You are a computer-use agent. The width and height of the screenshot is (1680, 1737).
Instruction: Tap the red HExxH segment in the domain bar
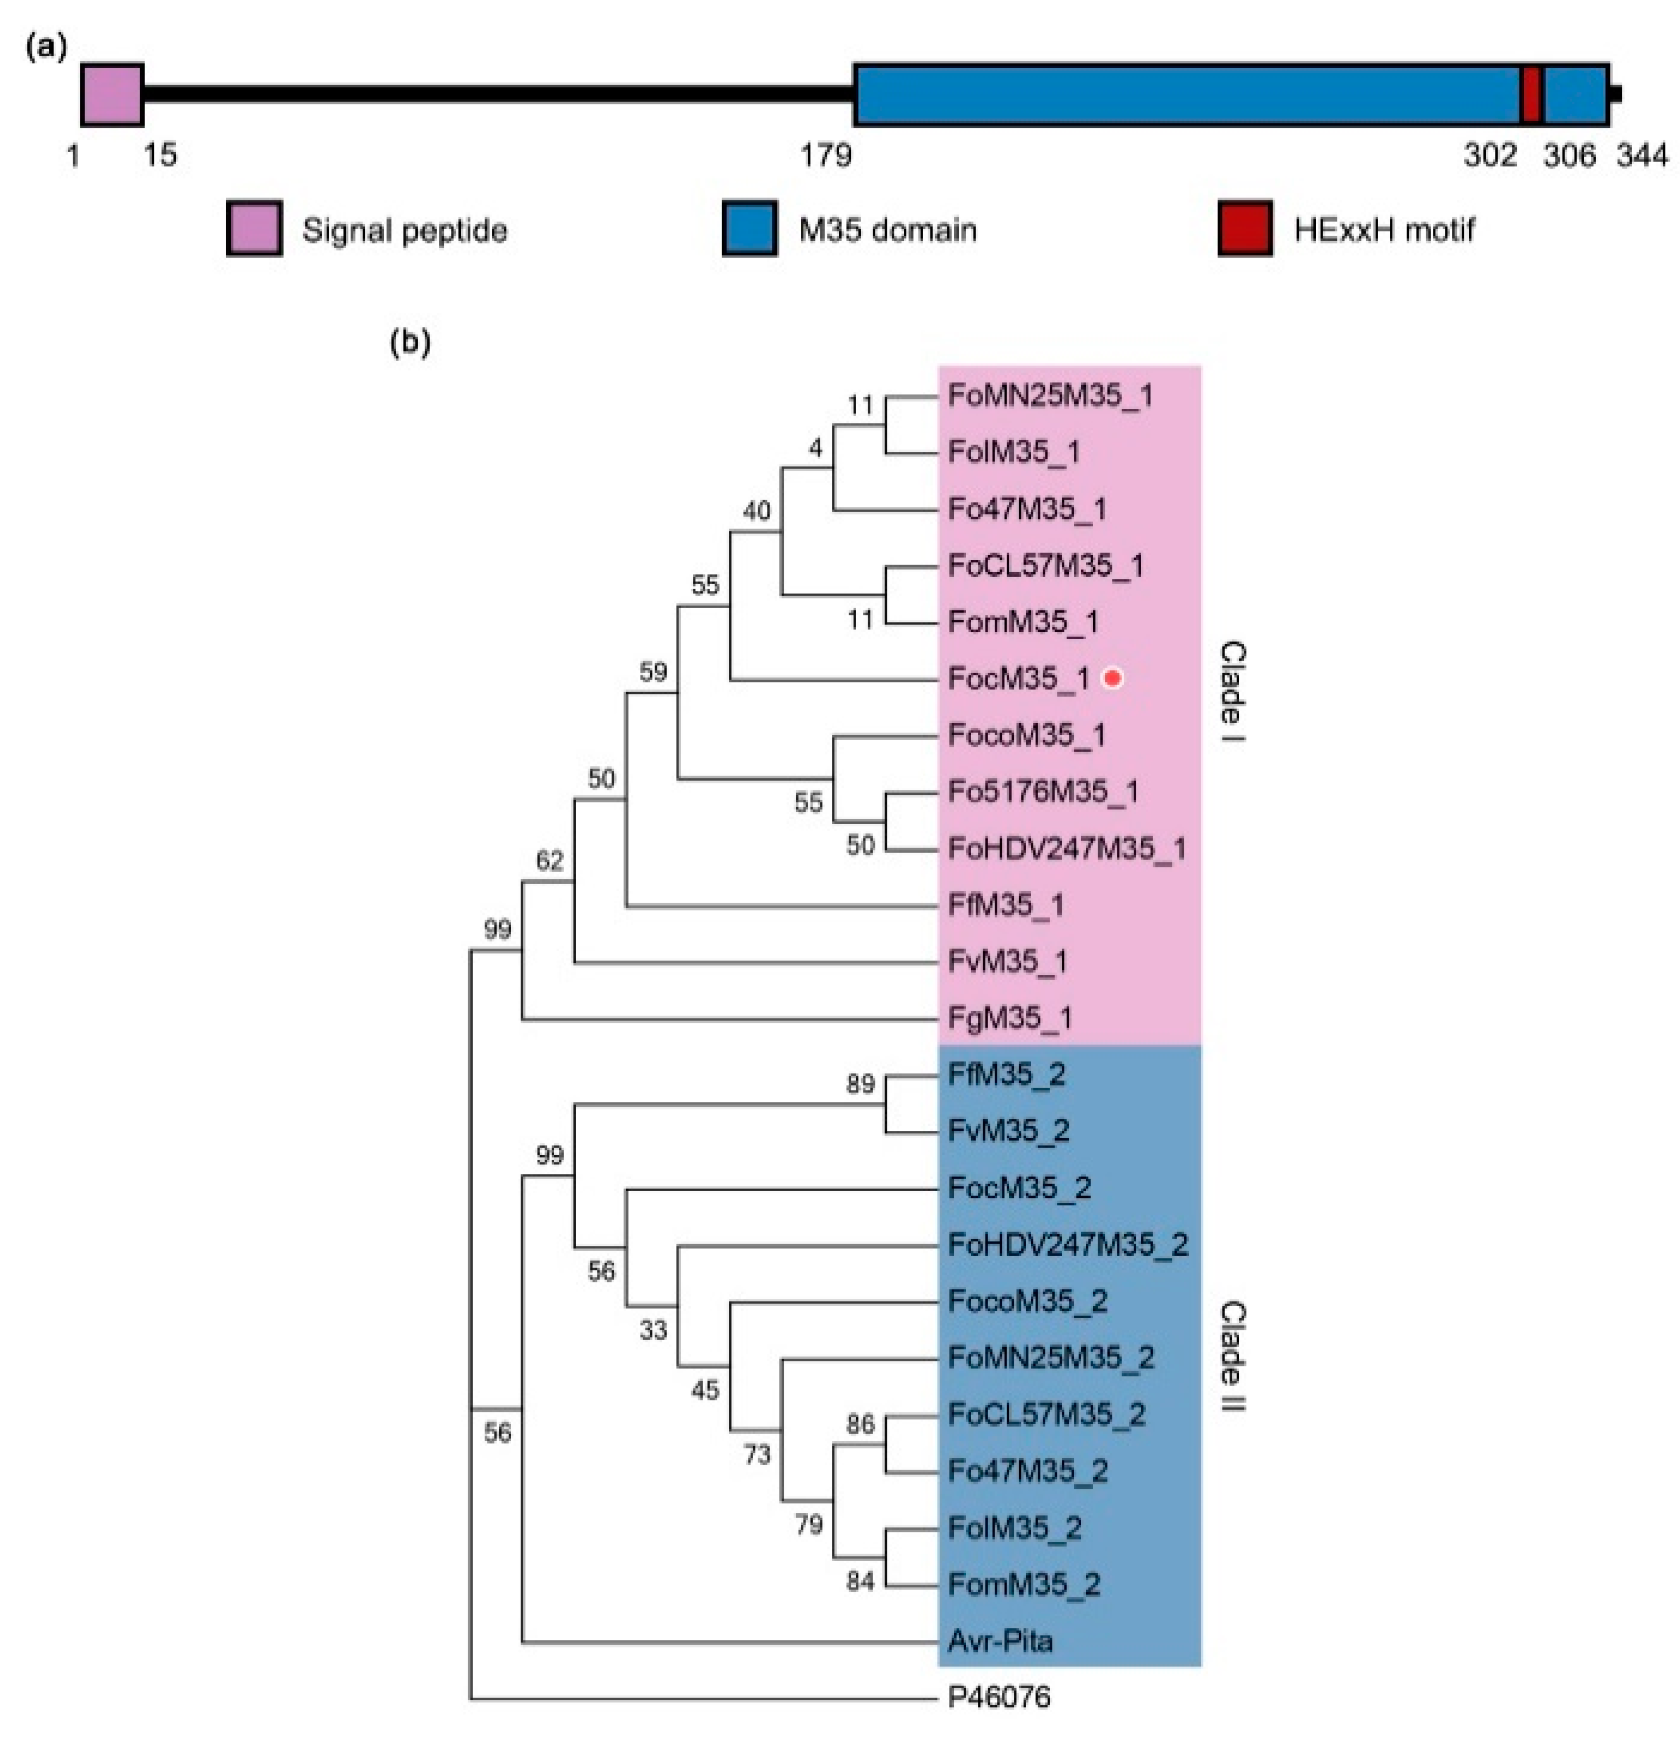pos(1531,94)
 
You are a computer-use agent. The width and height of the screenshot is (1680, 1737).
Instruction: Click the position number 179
pos(826,156)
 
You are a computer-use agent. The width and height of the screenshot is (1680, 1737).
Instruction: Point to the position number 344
pos(1642,156)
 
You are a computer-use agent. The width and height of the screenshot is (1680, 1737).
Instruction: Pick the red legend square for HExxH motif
pos(1245,229)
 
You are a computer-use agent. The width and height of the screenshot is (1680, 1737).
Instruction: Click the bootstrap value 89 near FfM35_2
pos(860,1083)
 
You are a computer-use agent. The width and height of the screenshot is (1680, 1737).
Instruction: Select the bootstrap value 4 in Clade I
pos(816,449)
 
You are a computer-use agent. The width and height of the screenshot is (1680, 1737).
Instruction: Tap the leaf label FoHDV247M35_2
pos(1068,1244)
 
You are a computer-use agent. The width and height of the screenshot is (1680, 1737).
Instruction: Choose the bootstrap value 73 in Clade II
pos(756,1454)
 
